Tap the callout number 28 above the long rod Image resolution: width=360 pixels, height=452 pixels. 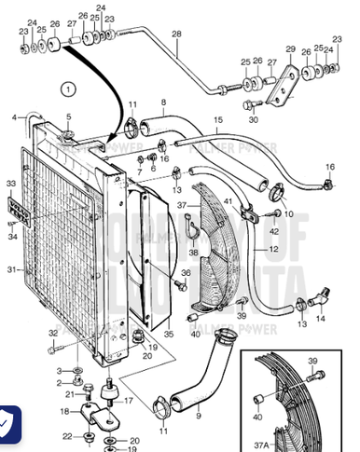point(175,35)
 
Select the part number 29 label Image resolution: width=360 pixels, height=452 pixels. point(290,49)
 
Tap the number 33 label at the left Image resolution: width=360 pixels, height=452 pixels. point(11,185)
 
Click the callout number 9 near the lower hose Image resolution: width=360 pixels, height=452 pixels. point(198,411)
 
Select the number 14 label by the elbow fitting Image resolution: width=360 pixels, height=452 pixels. point(322,319)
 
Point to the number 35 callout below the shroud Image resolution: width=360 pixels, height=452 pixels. point(169,333)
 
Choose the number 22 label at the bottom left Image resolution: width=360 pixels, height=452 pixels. point(66,436)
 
